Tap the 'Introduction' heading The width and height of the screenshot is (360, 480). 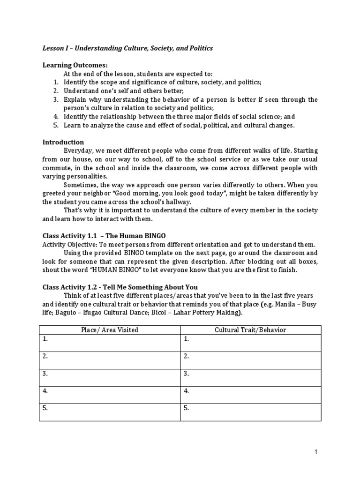[63, 142]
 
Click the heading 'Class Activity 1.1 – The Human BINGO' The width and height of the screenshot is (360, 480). [104, 235]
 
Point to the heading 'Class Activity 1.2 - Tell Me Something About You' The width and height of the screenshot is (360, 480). [120, 287]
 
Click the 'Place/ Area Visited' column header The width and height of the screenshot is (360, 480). [110, 330]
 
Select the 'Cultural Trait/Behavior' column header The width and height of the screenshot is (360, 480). [250, 330]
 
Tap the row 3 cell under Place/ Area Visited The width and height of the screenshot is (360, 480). [110, 378]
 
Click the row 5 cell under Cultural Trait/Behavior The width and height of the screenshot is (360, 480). [250, 412]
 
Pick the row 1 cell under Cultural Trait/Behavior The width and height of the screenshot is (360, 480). [250, 343]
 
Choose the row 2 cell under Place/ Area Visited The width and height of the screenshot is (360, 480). [110, 360]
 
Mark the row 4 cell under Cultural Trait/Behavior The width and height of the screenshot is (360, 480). [250, 395]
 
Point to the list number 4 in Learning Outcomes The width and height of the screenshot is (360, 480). [55, 116]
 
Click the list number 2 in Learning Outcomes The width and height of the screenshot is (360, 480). [55, 91]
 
